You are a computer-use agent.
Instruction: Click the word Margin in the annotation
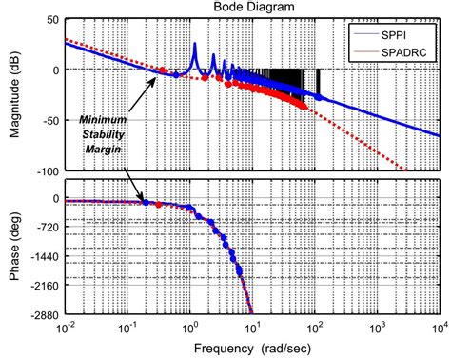coord(100,151)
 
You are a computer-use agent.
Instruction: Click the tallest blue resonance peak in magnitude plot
coord(194,45)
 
